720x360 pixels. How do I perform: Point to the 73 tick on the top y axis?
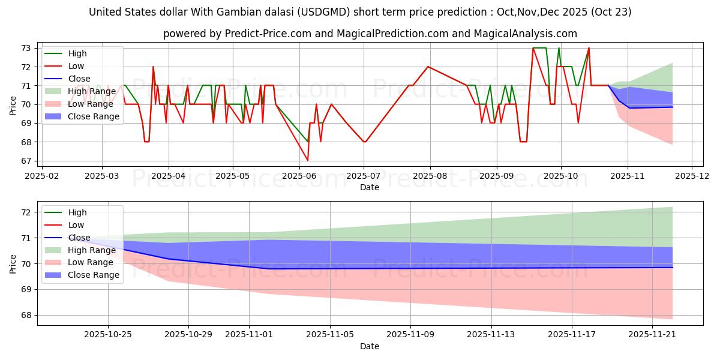tap(28, 48)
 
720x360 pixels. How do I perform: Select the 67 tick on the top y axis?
tap(28, 161)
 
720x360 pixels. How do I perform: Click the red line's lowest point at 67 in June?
tap(308, 160)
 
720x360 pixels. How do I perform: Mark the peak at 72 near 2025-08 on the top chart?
tap(428, 67)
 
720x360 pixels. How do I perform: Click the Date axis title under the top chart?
tap(369, 187)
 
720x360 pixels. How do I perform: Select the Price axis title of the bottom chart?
tap(13, 263)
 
